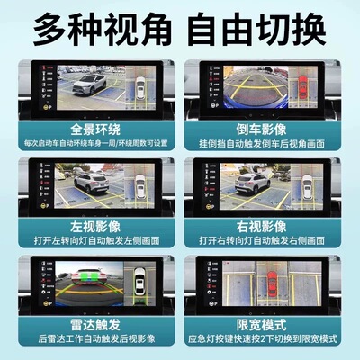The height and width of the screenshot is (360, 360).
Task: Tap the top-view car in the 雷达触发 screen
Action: (142, 287)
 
